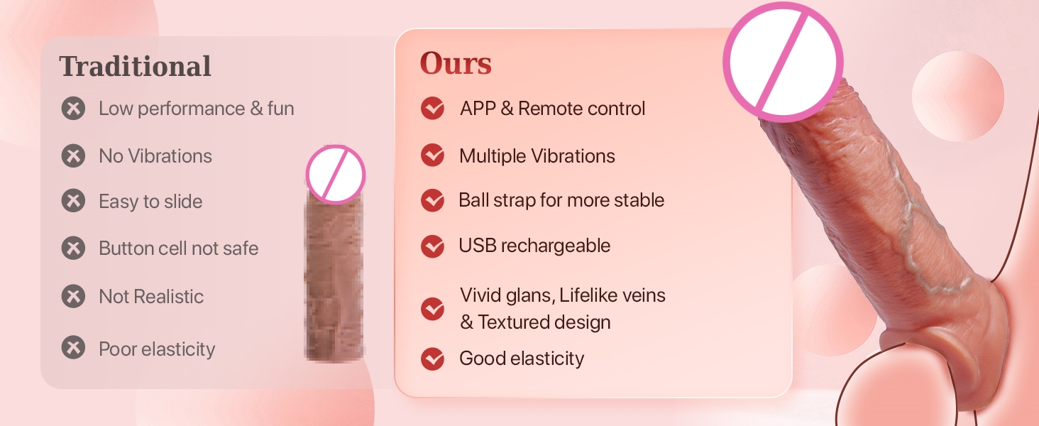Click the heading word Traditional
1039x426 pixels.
tap(135, 66)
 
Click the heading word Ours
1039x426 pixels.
tap(456, 63)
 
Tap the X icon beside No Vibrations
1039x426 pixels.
tap(73, 155)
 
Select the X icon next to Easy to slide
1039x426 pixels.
tap(73, 200)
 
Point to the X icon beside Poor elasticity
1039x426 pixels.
tap(73, 348)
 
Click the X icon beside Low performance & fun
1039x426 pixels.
tap(73, 108)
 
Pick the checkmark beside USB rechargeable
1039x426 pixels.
tap(433, 246)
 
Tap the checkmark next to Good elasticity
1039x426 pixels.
tap(433, 359)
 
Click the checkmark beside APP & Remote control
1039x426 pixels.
tap(433, 108)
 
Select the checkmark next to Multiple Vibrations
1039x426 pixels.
tap(433, 155)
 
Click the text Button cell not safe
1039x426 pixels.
tap(179, 248)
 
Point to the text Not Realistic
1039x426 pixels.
tap(151, 297)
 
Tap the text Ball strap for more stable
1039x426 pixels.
tap(561, 200)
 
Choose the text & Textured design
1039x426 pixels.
tap(535, 322)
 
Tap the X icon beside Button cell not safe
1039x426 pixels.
tap(73, 248)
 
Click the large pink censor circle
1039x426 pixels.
tap(783, 62)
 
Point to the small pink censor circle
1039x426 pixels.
tap(336, 175)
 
